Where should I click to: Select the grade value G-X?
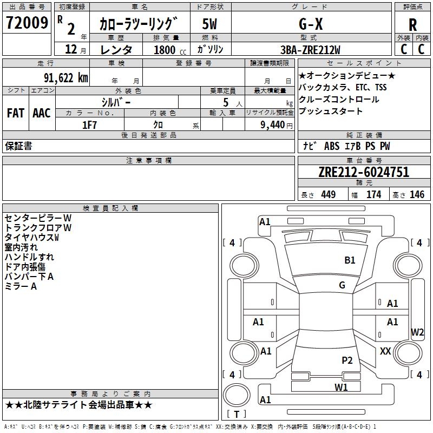311,24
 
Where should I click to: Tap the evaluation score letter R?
412,24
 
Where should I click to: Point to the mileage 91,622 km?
66,77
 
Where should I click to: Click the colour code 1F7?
89,124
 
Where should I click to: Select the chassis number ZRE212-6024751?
364,172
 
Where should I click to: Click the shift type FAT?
16,113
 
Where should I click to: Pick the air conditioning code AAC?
42,113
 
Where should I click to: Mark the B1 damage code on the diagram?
350,260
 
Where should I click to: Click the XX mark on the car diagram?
385,351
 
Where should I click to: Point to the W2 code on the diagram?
417,332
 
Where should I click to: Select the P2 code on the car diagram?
347,360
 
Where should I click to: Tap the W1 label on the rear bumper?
340,386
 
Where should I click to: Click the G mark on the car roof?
342,285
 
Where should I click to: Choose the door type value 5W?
211,24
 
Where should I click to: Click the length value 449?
328,194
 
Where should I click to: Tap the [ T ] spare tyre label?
236,414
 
